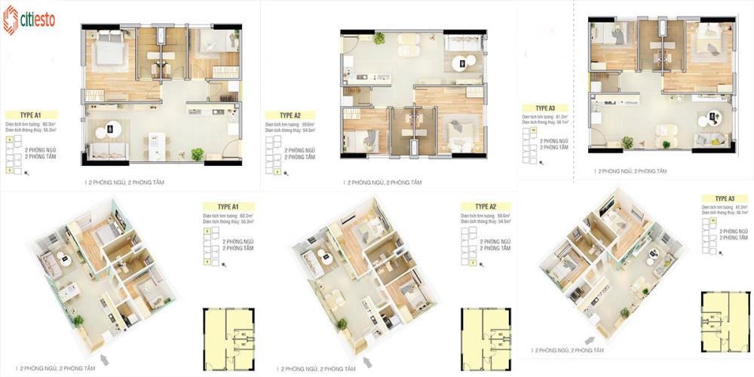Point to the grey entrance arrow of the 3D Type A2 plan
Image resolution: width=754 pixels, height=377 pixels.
(365, 346)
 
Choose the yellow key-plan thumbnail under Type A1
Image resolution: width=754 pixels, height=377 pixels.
(230, 339)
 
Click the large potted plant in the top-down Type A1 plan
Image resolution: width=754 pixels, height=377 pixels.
(198, 154)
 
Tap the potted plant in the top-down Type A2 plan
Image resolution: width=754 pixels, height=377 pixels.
(379, 38)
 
